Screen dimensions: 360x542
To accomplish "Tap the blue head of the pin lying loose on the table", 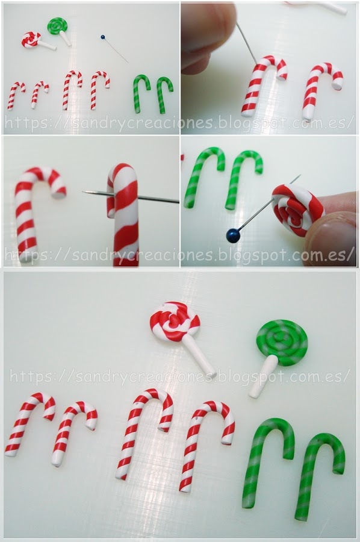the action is click(102, 37).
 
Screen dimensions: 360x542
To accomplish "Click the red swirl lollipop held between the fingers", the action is click(298, 210).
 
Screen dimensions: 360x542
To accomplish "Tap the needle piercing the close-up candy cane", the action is click(131, 196).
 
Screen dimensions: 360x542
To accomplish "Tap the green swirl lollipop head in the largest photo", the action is click(282, 343).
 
